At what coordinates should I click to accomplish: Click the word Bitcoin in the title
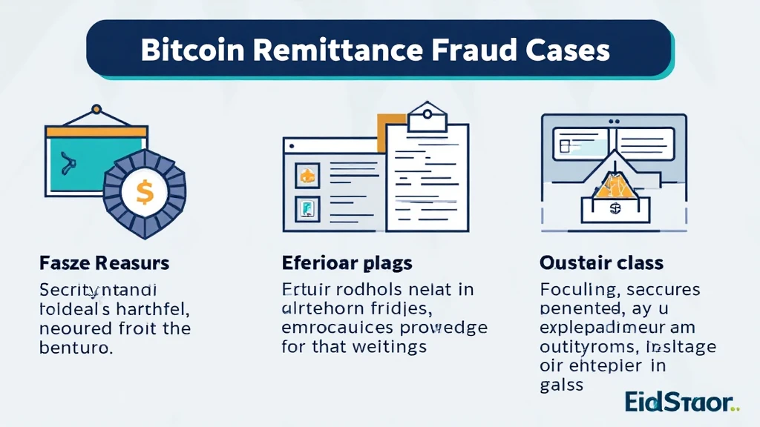(189, 50)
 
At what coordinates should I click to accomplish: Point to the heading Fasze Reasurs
(105, 263)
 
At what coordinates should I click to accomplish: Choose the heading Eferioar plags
(347, 263)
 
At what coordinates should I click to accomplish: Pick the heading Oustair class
(602, 263)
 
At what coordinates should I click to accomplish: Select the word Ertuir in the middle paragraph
(305, 288)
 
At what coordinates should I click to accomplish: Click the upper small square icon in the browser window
(307, 176)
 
